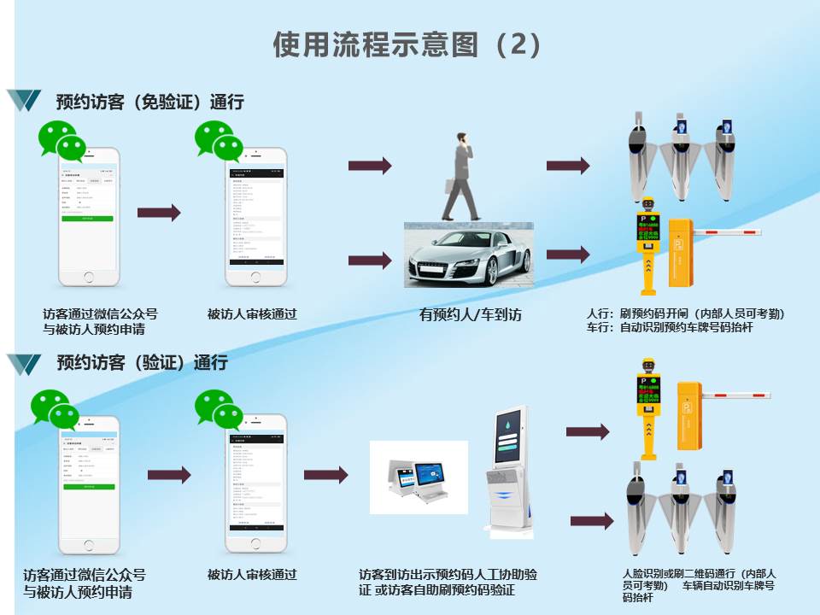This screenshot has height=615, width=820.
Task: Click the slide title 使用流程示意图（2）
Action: point(408,44)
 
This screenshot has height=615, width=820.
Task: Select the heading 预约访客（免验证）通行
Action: point(150,102)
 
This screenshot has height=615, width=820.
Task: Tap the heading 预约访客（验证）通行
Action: point(142,362)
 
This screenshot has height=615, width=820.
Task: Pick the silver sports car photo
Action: point(468,255)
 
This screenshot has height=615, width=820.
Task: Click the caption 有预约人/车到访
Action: point(470,314)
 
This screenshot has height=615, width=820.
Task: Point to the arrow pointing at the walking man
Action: point(369,165)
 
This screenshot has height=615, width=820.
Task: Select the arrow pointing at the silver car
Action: point(369,261)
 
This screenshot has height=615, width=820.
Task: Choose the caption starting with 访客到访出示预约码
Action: point(448,582)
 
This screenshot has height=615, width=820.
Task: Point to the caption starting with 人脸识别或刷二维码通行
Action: point(699,585)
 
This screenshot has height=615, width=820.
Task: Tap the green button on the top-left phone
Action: point(86,219)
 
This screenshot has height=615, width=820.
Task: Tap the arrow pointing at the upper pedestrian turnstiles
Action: point(568,166)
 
